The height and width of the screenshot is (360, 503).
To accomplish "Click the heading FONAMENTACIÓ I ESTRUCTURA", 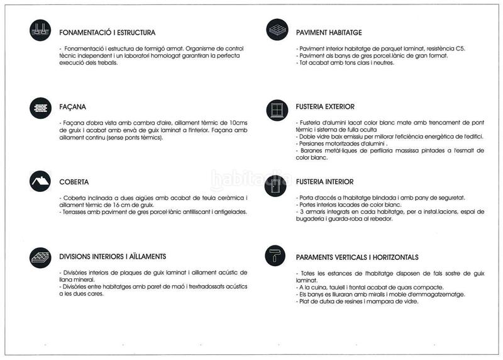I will [x=107, y=32].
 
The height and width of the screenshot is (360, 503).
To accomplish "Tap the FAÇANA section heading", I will [x=72, y=107].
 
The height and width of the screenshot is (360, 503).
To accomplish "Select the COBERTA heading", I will [x=74, y=182].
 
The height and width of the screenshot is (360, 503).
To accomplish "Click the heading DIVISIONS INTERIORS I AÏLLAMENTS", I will [x=113, y=257].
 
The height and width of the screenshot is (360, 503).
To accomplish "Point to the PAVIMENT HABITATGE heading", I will [x=329, y=32].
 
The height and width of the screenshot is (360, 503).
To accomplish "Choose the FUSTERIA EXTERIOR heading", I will [x=325, y=107].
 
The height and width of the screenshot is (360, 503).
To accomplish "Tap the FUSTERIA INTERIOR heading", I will [x=324, y=182].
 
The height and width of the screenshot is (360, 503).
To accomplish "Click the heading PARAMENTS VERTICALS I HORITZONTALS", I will [x=357, y=257].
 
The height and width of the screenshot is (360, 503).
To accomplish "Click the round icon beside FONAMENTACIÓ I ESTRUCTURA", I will [x=40, y=30].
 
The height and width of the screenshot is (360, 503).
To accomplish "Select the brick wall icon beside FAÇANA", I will [x=40, y=108].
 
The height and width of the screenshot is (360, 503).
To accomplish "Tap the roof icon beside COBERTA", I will [x=40, y=181].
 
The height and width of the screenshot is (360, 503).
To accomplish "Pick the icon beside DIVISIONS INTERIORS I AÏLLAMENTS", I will [x=40, y=257].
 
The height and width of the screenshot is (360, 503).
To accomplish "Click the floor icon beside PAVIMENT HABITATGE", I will [x=277, y=30].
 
